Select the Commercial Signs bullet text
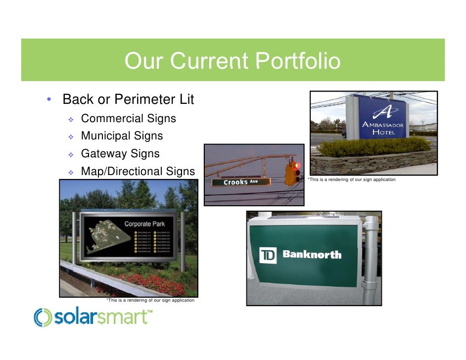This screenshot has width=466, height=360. [x=128, y=119]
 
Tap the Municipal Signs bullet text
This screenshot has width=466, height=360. [x=122, y=135]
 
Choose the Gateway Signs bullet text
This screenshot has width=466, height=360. [x=120, y=153]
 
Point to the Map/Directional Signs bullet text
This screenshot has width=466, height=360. [x=138, y=172]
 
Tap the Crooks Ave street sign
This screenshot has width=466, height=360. [x=241, y=182]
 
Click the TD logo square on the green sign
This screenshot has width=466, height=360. [x=268, y=256]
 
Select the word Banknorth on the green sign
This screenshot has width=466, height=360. [x=312, y=255]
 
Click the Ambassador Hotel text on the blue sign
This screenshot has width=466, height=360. [x=383, y=128]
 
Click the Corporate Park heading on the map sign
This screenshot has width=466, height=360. [x=144, y=224]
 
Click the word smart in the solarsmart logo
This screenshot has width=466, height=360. [x=121, y=317]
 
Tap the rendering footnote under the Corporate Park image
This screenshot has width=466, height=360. [x=150, y=300]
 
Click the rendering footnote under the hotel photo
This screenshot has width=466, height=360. [x=351, y=179]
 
